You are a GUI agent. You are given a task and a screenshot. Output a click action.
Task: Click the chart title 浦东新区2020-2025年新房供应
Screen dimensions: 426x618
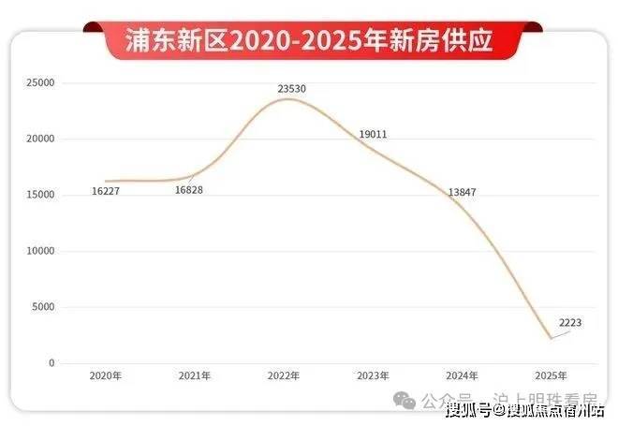(x=309, y=41)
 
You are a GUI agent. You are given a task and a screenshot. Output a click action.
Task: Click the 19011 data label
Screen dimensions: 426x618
(x=373, y=135)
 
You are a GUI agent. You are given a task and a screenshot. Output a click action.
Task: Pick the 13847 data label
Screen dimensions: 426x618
(x=463, y=191)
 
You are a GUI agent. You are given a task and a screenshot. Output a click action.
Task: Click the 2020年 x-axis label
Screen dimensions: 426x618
(x=106, y=375)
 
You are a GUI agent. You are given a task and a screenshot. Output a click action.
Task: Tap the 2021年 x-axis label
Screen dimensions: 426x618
(x=195, y=375)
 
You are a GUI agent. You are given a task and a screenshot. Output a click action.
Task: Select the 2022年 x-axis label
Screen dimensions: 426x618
(x=284, y=375)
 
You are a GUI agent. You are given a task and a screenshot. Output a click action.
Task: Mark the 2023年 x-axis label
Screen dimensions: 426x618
(x=373, y=375)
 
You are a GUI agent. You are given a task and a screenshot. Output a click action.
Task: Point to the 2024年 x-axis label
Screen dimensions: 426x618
(x=463, y=375)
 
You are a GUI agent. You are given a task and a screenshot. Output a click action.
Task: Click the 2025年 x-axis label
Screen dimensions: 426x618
(x=552, y=375)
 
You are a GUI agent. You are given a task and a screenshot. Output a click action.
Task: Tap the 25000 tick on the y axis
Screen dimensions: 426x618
(x=40, y=83)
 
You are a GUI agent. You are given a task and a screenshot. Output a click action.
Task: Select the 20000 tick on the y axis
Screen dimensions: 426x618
(x=40, y=140)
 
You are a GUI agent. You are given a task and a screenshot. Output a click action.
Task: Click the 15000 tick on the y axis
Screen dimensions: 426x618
(x=40, y=195)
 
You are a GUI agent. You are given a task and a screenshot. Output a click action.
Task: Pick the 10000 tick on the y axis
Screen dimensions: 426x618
(x=40, y=251)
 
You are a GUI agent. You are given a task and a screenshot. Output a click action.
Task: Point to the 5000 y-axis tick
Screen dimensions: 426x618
(x=43, y=307)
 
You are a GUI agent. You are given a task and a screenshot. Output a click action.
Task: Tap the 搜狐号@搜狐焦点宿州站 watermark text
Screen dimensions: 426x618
(x=524, y=409)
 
